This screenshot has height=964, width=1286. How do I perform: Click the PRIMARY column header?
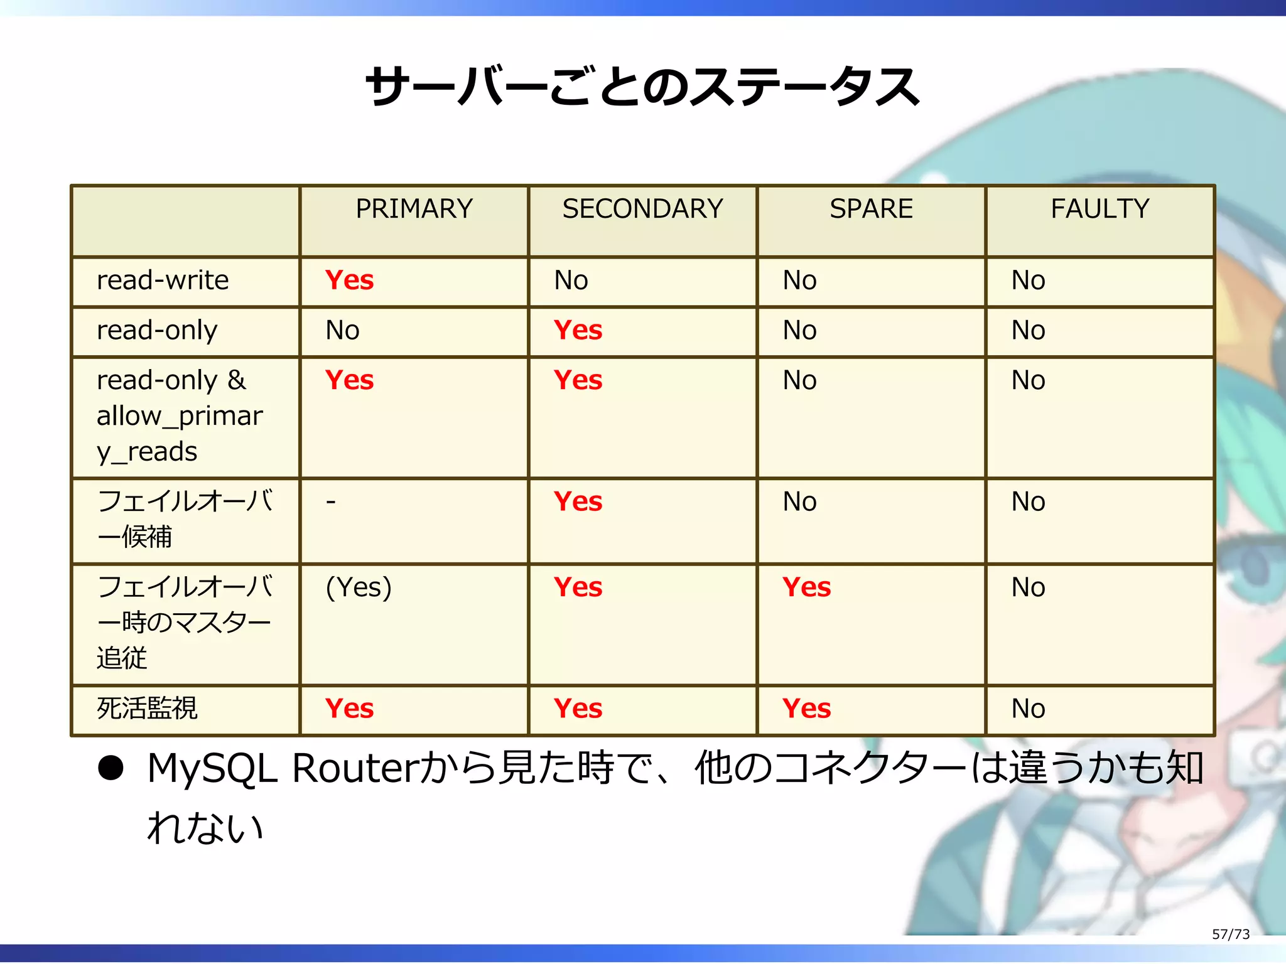coord(414,209)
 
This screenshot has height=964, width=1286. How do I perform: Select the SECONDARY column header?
coord(642,209)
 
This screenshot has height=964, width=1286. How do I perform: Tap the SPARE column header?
coord(871,209)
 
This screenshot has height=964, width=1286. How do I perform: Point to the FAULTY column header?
coord(1100,209)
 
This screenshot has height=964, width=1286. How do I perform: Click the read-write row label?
coord(163,281)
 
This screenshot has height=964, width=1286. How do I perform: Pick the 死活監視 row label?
coord(147,709)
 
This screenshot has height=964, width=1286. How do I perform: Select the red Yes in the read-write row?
coord(349,281)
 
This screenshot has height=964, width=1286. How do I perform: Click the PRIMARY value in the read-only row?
coord(342,331)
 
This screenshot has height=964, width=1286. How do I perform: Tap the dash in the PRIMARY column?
coord(331,501)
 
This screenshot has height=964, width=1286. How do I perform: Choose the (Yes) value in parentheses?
coord(359,587)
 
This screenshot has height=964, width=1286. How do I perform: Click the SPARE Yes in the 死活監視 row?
coord(806,709)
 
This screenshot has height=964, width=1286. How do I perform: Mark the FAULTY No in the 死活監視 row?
coord(1028,709)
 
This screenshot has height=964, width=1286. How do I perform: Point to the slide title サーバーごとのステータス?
coord(642,87)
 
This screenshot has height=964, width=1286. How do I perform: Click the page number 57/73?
coord(1230,934)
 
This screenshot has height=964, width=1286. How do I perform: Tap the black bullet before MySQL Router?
coord(111,768)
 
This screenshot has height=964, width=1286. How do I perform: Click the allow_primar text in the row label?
coord(180,416)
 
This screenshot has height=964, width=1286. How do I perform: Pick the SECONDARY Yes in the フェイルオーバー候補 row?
coord(578,501)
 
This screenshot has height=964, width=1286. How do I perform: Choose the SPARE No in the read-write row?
coord(799,281)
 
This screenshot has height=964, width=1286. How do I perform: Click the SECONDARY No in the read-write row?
coord(571,281)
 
